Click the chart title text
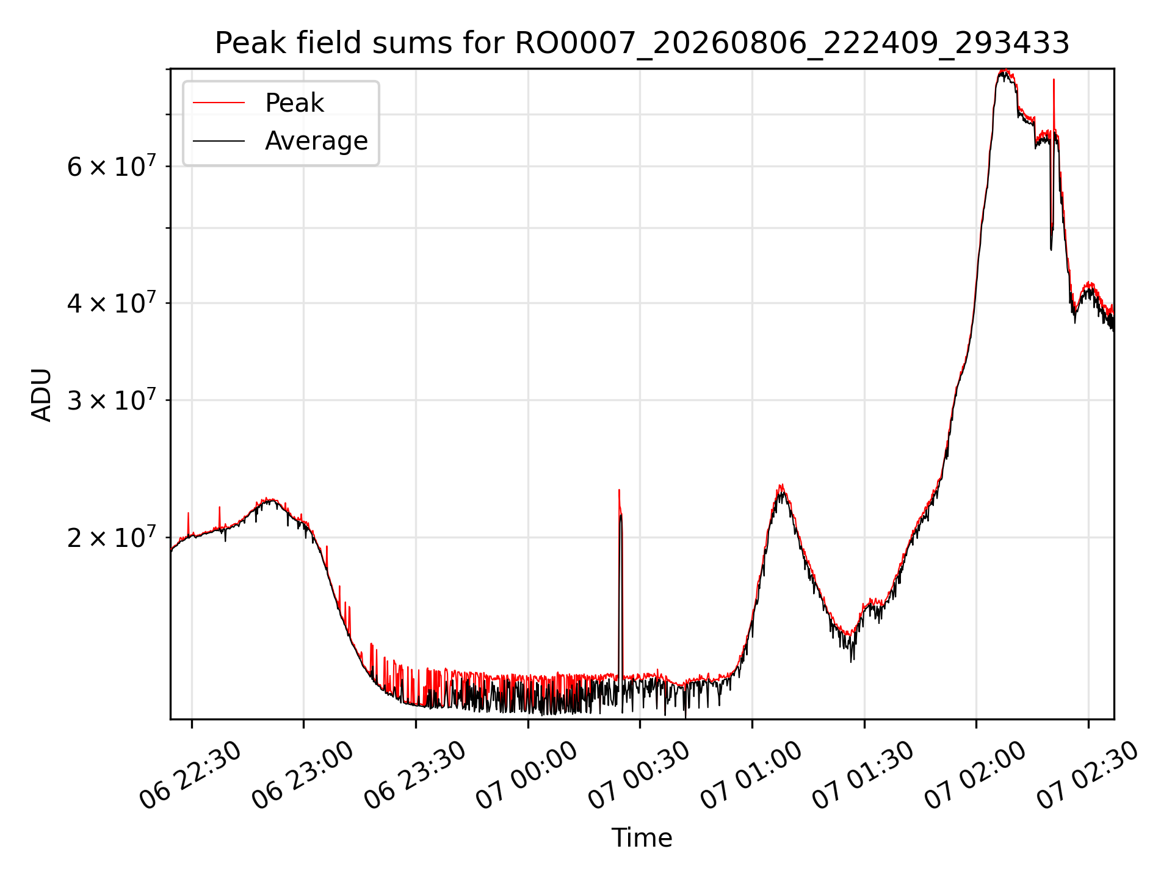(642, 43)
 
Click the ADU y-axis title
(42, 394)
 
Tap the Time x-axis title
(642, 837)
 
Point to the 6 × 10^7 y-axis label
(111, 166)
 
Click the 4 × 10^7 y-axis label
(111, 303)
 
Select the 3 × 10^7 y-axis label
(111, 400)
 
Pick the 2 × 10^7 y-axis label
(111, 537)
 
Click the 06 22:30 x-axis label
(191, 775)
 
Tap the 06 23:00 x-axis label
(303, 775)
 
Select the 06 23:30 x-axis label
(415, 775)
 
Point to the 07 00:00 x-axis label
(527, 775)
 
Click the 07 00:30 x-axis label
(639, 775)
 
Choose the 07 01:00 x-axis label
(751, 775)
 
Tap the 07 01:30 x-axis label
(863, 775)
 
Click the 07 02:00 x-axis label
(975, 775)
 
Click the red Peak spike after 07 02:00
(1054, 104)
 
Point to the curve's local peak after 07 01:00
(781, 487)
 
